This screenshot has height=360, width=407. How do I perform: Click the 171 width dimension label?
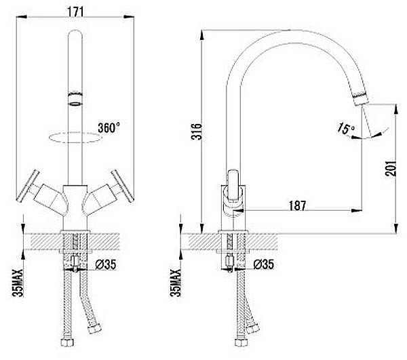[75, 12]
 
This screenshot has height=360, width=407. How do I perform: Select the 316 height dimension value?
[197, 132]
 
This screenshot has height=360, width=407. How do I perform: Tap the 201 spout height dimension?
[391, 168]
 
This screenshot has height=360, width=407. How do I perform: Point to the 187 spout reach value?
[298, 205]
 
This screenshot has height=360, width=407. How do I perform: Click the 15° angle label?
[346, 128]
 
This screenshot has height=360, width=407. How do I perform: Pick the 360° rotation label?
[109, 128]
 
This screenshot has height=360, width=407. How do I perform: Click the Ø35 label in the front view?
[106, 264]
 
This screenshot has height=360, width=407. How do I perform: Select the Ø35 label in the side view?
[263, 264]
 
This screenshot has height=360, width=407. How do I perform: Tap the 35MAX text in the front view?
[18, 283]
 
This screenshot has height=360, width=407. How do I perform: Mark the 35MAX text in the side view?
[176, 283]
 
